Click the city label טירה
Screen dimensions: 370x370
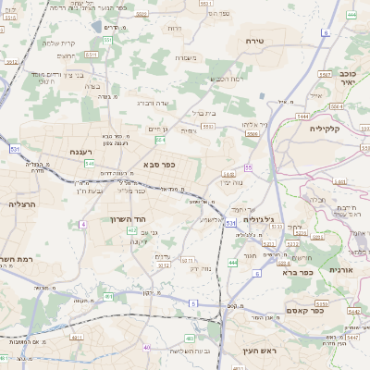tap(256, 42)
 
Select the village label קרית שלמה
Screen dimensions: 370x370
tap(59, 43)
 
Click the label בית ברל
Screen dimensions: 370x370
tap(203, 113)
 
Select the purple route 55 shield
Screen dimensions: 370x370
tap(248, 166)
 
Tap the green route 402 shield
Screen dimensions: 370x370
tap(132, 229)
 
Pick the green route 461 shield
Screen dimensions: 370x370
tap(108, 297)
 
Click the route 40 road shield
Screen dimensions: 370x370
tap(146, 347)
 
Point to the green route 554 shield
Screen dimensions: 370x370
tap(160, 141)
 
